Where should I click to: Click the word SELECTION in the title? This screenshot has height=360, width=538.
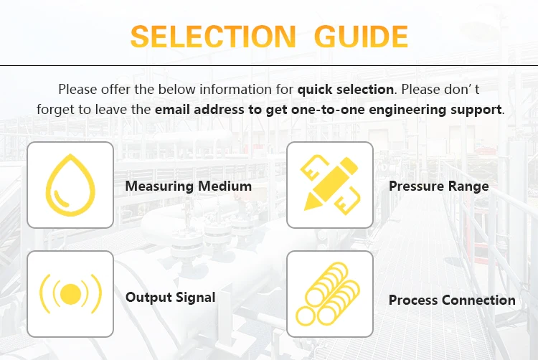point(213,35)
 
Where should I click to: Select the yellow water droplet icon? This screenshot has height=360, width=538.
point(70,185)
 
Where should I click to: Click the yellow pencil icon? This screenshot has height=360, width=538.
point(330,185)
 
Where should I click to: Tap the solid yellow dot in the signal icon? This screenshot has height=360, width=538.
point(70,294)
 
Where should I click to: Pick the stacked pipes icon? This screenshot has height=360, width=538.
point(330,294)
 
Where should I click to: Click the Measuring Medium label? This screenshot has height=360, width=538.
point(188,186)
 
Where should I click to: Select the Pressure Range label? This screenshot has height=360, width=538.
point(438,186)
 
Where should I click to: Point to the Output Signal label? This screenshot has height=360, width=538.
point(170,297)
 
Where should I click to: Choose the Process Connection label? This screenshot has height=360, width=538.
point(452,300)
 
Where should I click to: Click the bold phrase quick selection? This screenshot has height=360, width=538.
point(346,90)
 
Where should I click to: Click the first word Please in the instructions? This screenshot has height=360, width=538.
point(77,90)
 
